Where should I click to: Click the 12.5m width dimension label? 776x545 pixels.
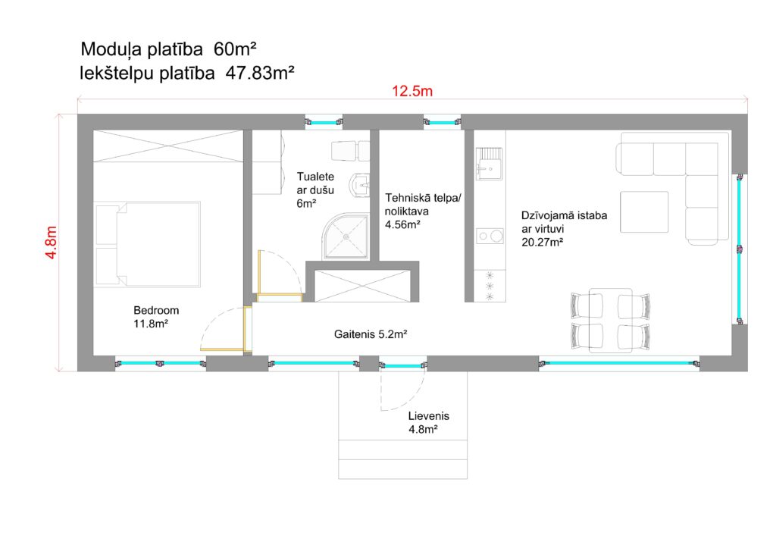click(412, 91)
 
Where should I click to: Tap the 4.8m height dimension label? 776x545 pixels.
click(52, 242)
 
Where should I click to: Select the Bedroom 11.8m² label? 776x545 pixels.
click(156, 317)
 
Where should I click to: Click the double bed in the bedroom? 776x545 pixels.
click(148, 245)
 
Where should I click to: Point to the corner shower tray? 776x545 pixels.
click(346, 237)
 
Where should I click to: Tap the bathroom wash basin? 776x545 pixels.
click(360, 185)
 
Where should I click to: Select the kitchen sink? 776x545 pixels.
click(490, 163)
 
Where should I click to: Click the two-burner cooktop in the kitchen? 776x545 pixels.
click(490, 236)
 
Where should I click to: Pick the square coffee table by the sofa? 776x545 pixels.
click(644, 212)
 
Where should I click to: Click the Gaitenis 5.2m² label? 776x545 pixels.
click(370, 334)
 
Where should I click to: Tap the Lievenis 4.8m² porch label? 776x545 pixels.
click(429, 423)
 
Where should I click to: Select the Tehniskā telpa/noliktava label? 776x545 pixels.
click(423, 211)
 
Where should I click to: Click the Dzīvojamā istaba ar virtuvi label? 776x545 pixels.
click(564, 229)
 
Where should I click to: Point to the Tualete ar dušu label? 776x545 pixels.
click(315, 190)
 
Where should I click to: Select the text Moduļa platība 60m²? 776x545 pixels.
click(168, 49)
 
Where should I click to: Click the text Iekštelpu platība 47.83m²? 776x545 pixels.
click(187, 74)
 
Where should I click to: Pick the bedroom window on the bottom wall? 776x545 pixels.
click(161, 363)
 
